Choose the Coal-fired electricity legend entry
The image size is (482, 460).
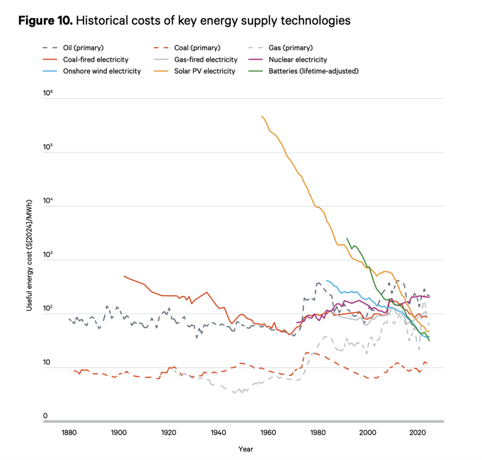coord(96,59)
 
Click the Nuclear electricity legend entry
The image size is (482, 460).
coord(297,59)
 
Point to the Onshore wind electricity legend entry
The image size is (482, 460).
coord(102,71)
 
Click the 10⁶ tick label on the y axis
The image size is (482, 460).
coord(48,94)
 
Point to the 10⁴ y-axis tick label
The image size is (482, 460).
coord(48,202)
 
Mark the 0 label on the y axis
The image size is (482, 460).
coord(46,416)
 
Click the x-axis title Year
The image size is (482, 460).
coord(245,449)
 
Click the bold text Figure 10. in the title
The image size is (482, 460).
coord(44,21)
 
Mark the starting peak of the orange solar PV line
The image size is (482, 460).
coord(261,116)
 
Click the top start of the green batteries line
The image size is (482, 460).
coord(347,238)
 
